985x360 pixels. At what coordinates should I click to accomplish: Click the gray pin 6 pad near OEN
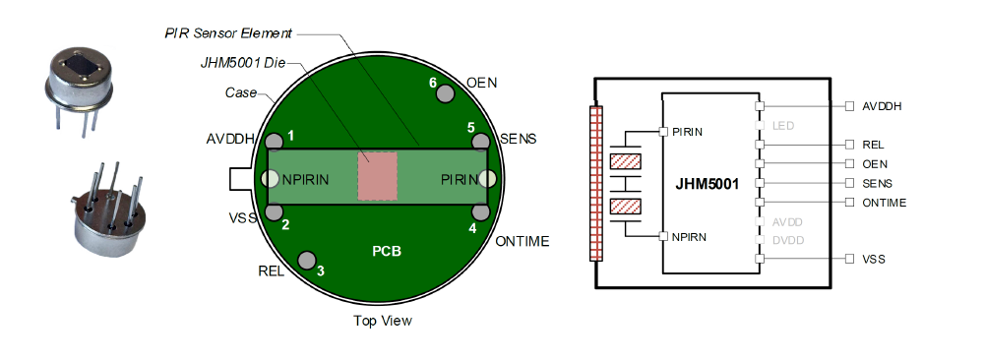point(446,94)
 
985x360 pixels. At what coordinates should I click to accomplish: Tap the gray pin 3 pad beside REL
point(307,260)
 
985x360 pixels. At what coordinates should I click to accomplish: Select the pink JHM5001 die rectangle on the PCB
point(378,176)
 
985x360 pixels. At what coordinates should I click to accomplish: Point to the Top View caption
point(383,321)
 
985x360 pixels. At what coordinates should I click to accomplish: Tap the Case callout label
point(241,93)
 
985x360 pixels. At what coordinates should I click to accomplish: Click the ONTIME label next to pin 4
point(523,242)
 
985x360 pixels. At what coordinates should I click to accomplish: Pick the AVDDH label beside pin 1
point(228,139)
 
